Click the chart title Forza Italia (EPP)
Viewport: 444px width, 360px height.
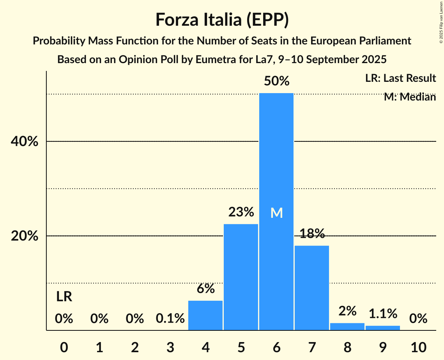[222, 19]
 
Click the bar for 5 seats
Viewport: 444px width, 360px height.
[241, 277]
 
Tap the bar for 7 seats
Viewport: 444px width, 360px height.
[312, 288]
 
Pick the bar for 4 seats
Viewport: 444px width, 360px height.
[205, 316]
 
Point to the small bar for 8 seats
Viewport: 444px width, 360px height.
[347, 326]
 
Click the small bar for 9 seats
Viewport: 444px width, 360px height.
[383, 328]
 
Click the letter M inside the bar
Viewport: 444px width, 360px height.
[276, 213]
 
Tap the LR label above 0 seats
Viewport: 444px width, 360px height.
[64, 297]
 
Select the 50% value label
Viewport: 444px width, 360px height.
[276, 81]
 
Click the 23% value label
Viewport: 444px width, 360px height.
[241, 212]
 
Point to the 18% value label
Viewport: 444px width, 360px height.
[312, 233]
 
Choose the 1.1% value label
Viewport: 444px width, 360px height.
[383, 313]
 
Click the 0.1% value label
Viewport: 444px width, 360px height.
[170, 319]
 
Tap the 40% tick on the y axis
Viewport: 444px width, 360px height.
[24, 142]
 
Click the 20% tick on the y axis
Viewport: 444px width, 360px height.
[24, 236]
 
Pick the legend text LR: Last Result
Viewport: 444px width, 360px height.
[400, 78]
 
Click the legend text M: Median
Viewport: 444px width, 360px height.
[410, 97]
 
